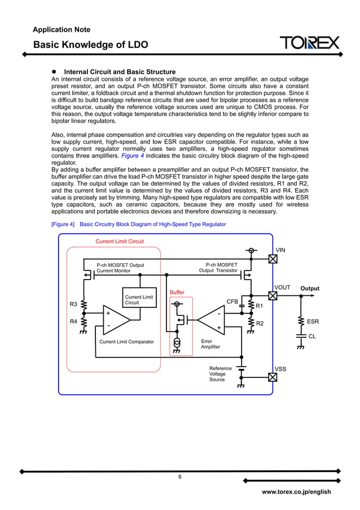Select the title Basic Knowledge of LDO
click(91, 45)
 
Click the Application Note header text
click(62, 29)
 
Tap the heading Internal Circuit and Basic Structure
click(120, 72)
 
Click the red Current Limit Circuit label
click(119, 241)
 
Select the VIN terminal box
click(273, 259)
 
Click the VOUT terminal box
click(273, 296)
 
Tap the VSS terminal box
click(273, 377)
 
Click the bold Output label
click(309, 289)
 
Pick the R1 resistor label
click(260, 306)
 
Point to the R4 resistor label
click(73, 321)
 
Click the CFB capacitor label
click(232, 302)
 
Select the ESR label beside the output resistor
click(313, 321)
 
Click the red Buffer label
click(177, 292)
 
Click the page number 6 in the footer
click(180, 477)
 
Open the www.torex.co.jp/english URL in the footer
click(296, 492)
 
